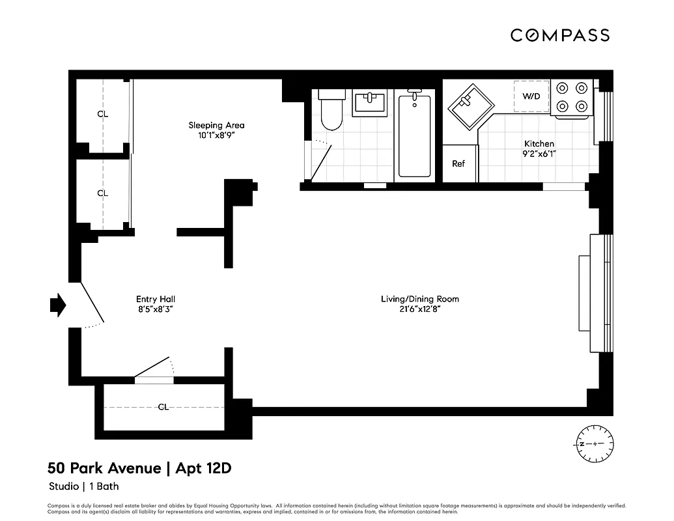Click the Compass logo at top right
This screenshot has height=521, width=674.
pos(559,35)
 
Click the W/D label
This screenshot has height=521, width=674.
pos(531,96)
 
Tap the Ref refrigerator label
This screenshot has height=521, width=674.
pos(458,163)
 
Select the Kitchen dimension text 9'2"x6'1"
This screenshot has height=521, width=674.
pos(539,154)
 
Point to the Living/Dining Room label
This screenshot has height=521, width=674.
pos(419,299)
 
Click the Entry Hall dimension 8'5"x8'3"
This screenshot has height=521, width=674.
pos(155,310)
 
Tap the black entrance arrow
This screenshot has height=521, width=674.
pos(58,304)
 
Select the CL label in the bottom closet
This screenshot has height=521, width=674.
pos(163,407)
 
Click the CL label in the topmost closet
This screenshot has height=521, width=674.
pos(102,114)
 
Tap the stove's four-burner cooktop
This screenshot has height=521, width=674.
pos(571,96)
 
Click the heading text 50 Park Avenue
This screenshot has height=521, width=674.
pos(104,468)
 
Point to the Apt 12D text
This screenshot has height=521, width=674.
pos(203,468)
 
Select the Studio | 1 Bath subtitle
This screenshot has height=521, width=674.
pos(83,486)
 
